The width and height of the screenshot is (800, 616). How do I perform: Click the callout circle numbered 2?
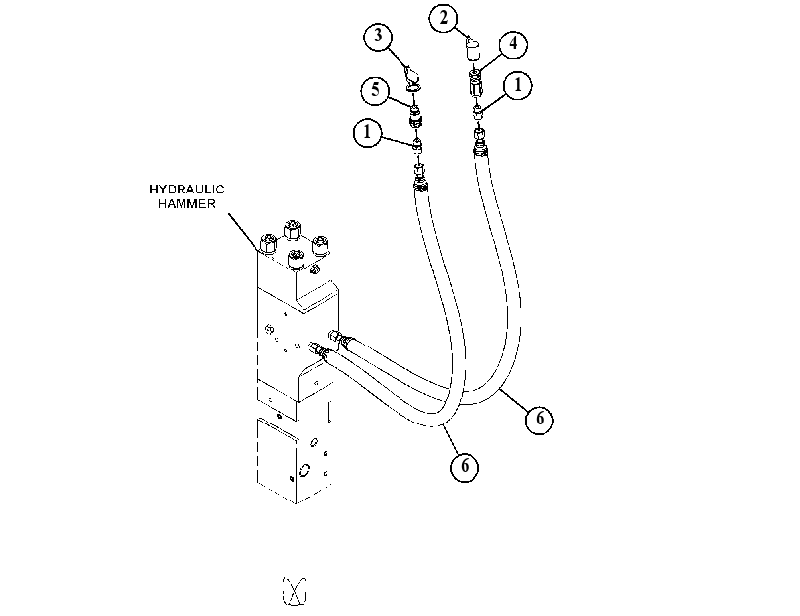point(443,19)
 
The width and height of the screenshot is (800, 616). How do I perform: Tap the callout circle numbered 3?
point(378,37)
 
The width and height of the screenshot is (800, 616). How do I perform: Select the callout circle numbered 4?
point(513,43)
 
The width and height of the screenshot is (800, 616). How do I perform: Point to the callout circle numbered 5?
point(376,91)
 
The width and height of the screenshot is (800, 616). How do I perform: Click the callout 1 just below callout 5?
point(367,133)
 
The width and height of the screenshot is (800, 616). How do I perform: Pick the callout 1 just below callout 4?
point(517,85)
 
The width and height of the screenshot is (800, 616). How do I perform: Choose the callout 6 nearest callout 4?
point(540,420)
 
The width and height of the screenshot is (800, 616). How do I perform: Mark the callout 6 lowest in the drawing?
point(465,466)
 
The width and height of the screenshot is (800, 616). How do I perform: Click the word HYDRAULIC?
point(186,190)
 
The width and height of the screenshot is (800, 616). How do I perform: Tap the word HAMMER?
point(186,203)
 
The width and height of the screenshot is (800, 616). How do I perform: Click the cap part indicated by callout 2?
point(473,50)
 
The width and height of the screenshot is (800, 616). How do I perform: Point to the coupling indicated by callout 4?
point(475,83)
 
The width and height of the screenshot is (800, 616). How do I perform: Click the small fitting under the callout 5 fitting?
point(417,145)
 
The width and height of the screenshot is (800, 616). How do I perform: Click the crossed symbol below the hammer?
point(294,592)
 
